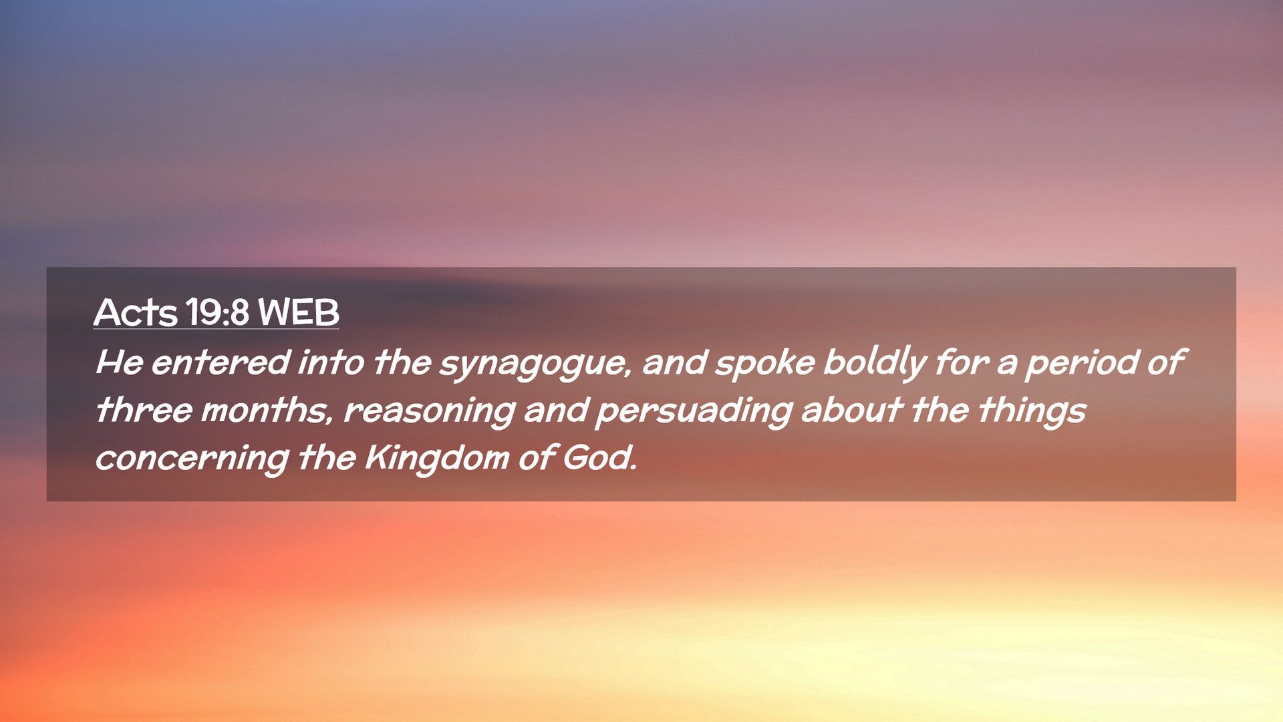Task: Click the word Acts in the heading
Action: (x=136, y=312)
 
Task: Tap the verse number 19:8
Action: (x=218, y=312)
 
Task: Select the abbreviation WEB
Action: (x=299, y=312)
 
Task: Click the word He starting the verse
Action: (x=120, y=362)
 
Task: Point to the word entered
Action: (x=221, y=362)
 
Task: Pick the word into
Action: (x=331, y=362)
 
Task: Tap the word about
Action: (x=852, y=410)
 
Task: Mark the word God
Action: (x=599, y=458)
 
